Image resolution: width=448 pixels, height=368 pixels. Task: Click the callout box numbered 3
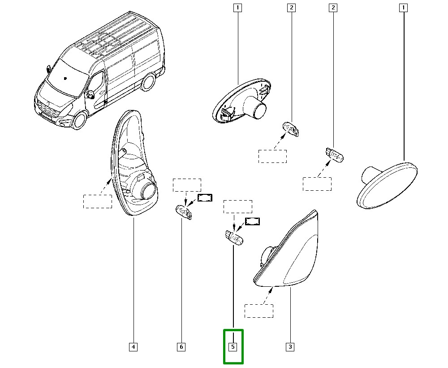290,347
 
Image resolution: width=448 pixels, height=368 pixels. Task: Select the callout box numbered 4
133,347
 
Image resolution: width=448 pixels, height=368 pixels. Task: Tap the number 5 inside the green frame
233,347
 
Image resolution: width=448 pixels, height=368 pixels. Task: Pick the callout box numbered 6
181,347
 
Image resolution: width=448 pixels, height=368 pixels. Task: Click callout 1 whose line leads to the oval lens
404,8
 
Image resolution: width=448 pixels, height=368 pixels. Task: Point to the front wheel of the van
78,120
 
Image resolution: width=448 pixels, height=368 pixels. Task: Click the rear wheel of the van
148,82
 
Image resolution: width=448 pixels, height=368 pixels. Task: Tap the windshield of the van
68,78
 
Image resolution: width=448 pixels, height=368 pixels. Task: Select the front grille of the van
48,110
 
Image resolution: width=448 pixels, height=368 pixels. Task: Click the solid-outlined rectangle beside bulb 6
205,197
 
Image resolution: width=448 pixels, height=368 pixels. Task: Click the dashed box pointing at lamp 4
97,202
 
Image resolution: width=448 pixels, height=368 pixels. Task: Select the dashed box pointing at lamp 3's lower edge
259,311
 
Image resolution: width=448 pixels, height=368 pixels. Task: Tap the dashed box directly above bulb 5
238,206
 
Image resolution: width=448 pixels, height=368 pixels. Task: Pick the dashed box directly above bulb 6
187,185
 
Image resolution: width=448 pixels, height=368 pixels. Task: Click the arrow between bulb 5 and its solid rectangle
241,228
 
